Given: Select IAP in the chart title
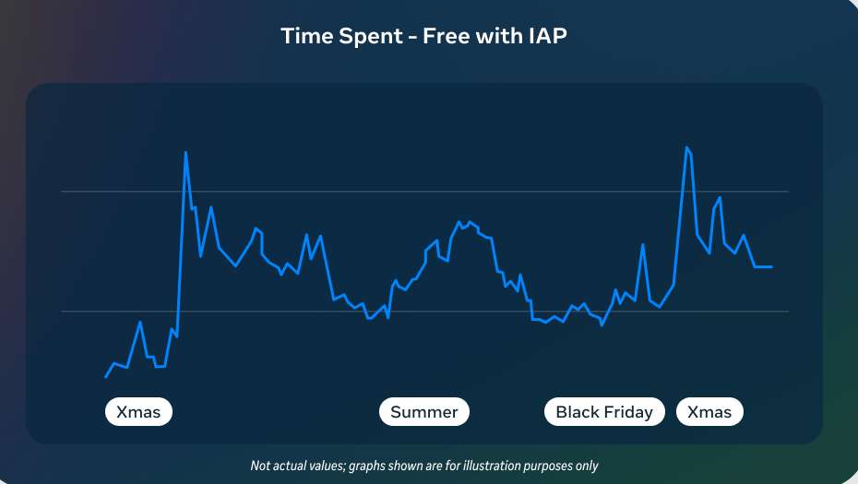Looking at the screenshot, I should [x=547, y=37].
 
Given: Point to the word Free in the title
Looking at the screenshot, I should [x=447, y=37].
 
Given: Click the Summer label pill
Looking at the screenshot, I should [x=424, y=412].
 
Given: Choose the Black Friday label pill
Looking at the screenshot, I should [x=604, y=412].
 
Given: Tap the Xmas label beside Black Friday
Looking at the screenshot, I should [x=709, y=412].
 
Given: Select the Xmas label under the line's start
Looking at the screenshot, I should [x=138, y=412].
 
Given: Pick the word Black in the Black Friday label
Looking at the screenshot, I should [x=577, y=412].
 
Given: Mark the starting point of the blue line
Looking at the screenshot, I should [x=106, y=377].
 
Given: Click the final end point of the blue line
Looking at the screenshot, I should [x=771, y=266].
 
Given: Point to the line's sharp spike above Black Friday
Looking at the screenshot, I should [x=643, y=244].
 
